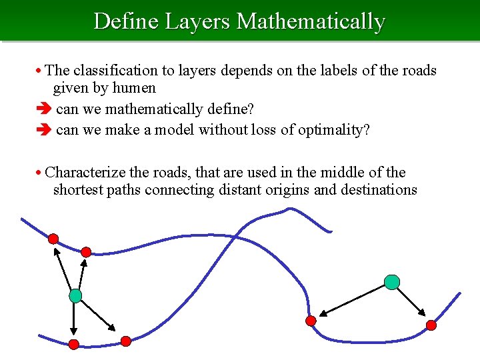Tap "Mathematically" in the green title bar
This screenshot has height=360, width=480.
311,21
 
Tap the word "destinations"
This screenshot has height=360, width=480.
379,190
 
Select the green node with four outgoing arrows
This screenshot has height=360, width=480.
75,295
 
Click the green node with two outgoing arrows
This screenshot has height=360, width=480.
392,282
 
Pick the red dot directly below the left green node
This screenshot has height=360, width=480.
73,344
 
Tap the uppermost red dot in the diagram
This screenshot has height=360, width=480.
53,239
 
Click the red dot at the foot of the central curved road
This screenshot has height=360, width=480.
310,321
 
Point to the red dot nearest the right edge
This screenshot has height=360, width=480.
431,325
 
